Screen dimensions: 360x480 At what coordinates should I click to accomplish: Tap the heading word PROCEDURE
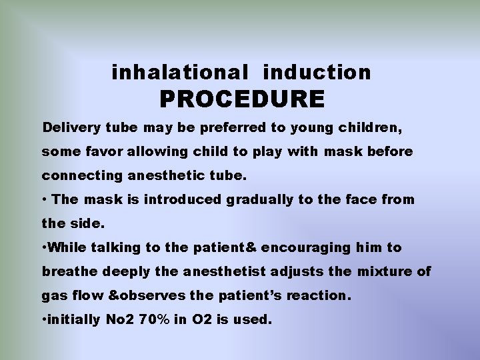point(242,99)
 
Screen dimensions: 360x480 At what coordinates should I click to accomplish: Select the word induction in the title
point(317,72)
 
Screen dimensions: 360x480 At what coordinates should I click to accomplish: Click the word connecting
point(79,177)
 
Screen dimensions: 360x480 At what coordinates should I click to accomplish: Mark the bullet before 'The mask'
point(44,199)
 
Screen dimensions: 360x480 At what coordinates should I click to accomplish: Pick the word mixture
point(389,271)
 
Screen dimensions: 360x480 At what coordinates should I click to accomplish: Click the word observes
point(143,295)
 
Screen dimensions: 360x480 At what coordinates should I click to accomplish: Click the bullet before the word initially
point(44,320)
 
